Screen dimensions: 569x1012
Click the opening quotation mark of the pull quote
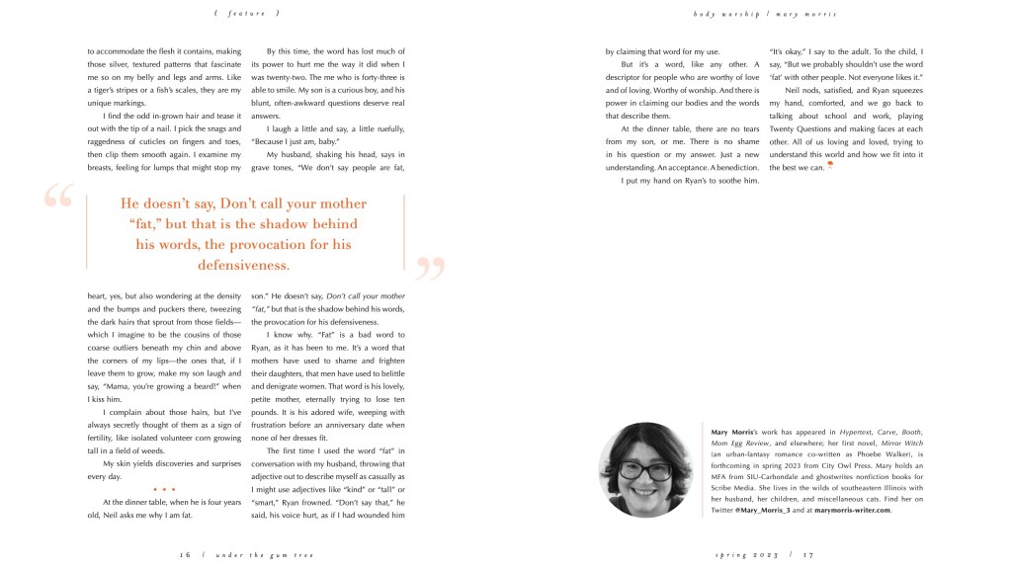pyautogui.click(x=58, y=197)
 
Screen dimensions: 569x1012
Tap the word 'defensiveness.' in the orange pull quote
pyautogui.click(x=243, y=265)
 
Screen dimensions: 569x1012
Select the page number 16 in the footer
pyautogui.click(x=185, y=554)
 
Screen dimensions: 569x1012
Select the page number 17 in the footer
pyautogui.click(x=807, y=554)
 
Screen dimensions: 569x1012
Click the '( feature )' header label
pyautogui.click(x=247, y=13)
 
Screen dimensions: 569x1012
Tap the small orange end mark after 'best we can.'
pyautogui.click(x=830, y=165)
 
